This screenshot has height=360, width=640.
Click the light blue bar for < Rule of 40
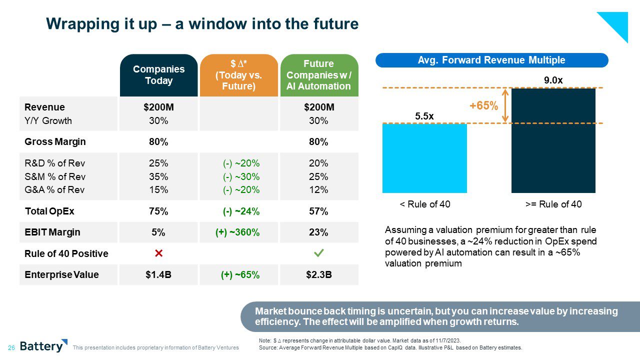click(424, 158)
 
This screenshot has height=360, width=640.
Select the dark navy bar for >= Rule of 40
click(553, 140)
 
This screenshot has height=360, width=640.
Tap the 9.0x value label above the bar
click(553, 79)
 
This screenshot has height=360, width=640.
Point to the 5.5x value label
click(424, 116)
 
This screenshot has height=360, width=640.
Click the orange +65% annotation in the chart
click(483, 106)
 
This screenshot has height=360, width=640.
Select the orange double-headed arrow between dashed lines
click(505, 105)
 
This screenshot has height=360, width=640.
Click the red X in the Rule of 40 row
click(158, 253)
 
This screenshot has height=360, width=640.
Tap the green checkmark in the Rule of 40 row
click(318, 253)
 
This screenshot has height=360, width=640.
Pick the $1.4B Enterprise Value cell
click(158, 274)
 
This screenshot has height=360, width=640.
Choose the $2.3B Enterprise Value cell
click(318, 274)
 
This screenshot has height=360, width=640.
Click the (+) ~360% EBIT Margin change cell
click(240, 232)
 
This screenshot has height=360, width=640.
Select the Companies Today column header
click(158, 75)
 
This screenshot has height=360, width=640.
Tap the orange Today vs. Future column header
click(238, 75)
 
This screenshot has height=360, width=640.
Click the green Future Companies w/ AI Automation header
click(318, 75)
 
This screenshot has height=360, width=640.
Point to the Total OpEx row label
click(49, 211)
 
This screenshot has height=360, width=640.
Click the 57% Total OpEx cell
click(318, 211)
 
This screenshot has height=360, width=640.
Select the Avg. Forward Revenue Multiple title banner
click(491, 60)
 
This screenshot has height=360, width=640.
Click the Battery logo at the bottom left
click(43, 346)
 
